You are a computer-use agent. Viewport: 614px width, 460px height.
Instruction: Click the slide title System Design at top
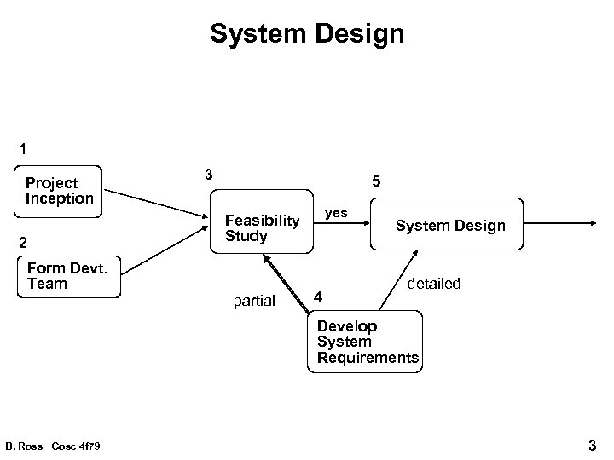(307, 34)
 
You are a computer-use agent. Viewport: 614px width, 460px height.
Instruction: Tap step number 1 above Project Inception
(23, 148)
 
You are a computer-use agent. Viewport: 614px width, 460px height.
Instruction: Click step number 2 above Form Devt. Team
(23, 241)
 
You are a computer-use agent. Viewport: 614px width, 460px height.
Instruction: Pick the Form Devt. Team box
(68, 276)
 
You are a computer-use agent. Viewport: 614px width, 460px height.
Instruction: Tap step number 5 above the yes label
(376, 182)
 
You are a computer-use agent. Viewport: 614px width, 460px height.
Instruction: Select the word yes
(337, 212)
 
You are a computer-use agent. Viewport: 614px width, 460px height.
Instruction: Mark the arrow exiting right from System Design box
(559, 224)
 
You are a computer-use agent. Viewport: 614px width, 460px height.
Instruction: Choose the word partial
(254, 300)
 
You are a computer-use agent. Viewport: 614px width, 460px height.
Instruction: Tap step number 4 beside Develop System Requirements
(317, 297)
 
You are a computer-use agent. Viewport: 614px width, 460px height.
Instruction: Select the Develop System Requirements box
(367, 342)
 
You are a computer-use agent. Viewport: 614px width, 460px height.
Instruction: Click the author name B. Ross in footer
(23, 446)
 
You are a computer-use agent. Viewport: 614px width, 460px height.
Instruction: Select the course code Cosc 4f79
(76, 446)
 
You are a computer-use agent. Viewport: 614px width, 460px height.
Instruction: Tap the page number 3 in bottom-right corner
(592, 444)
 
